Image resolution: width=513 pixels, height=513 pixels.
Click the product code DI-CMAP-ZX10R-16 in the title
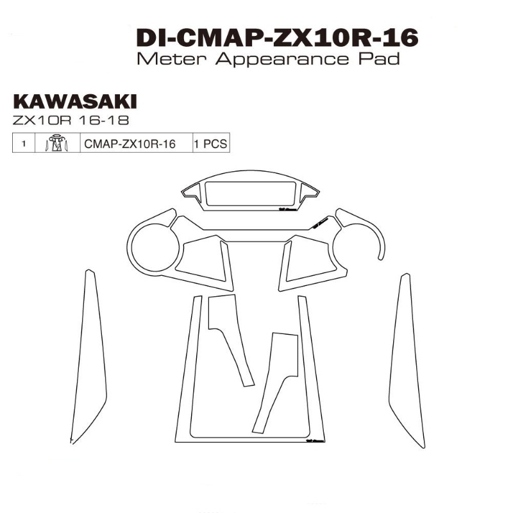click(277, 38)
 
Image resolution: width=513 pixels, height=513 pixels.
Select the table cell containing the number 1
click(24, 144)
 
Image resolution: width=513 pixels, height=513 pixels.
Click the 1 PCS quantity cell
click(210, 144)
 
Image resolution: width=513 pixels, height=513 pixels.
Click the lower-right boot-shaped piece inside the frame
click(276, 378)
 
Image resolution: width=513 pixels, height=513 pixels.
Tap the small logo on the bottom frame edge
click(316, 441)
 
